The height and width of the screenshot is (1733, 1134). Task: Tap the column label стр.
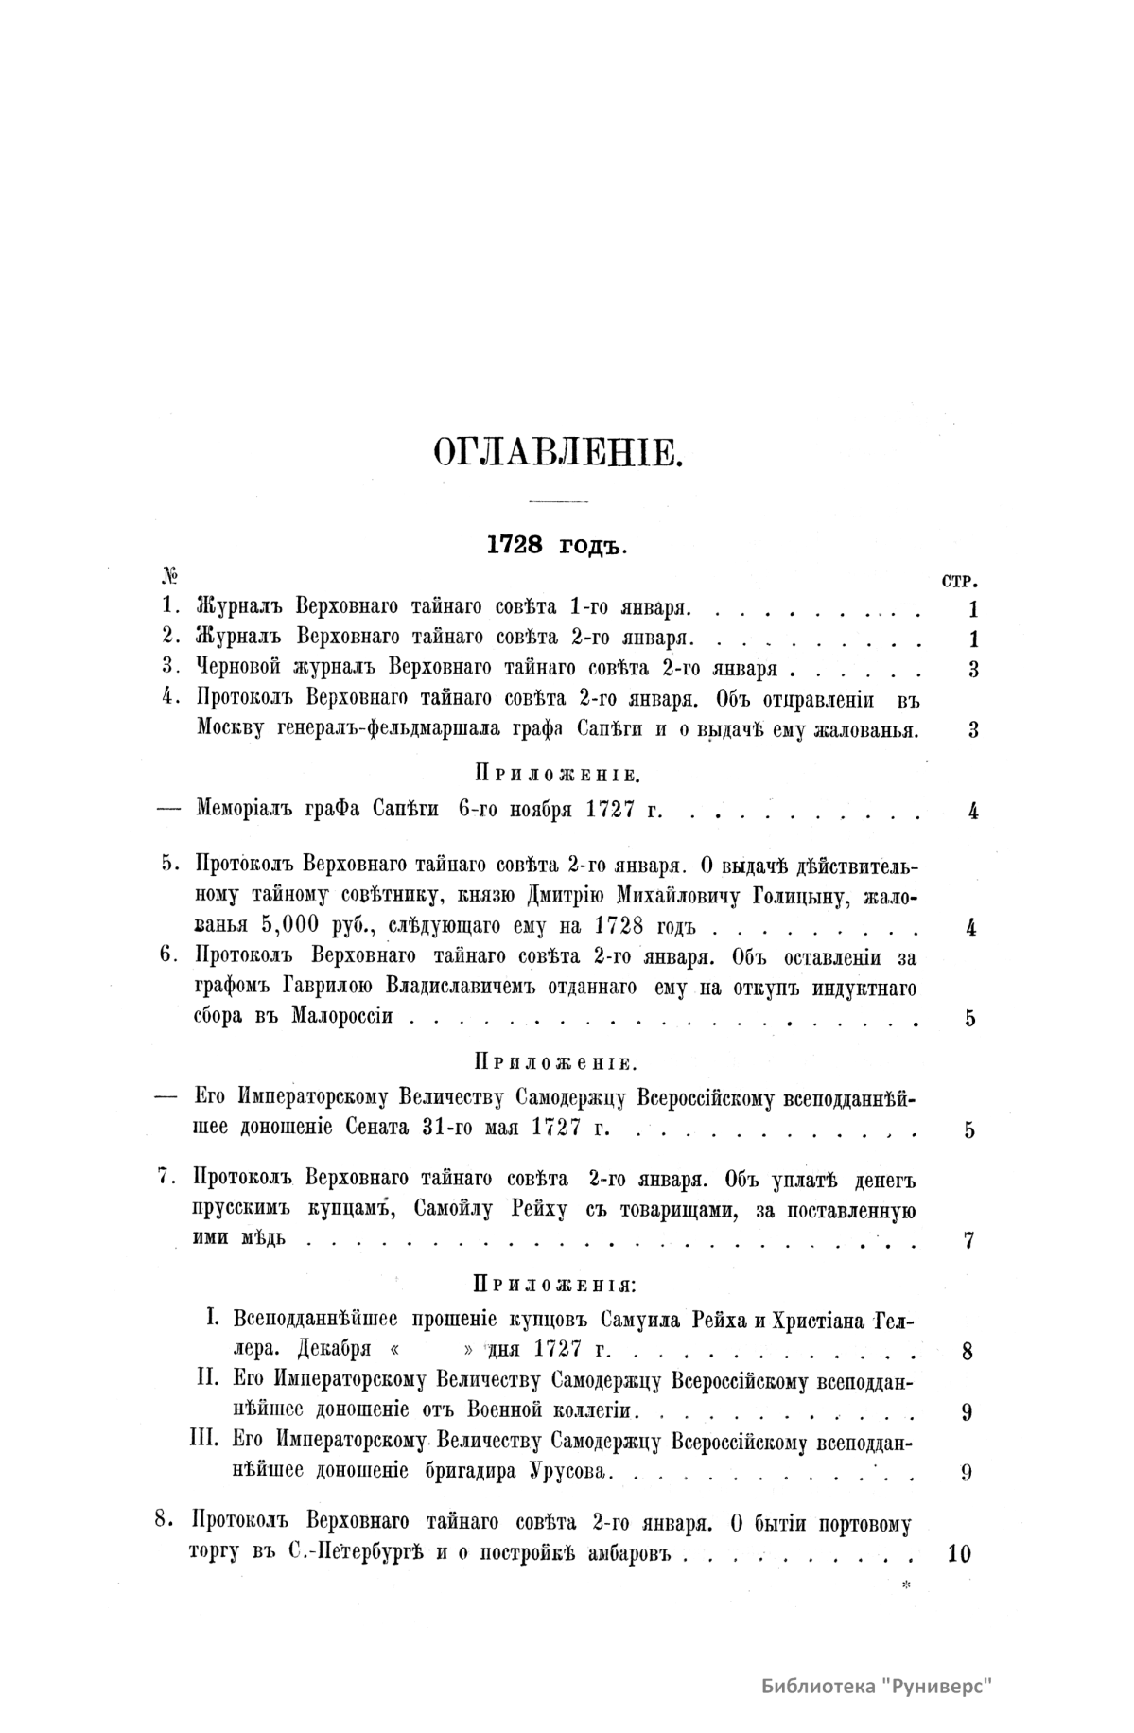(960, 580)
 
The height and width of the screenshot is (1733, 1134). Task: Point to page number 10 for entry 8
(958, 1553)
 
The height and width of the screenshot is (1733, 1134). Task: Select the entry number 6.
(169, 955)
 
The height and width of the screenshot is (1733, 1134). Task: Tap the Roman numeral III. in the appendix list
(205, 1441)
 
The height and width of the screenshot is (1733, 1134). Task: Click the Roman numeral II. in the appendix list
(208, 1379)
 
